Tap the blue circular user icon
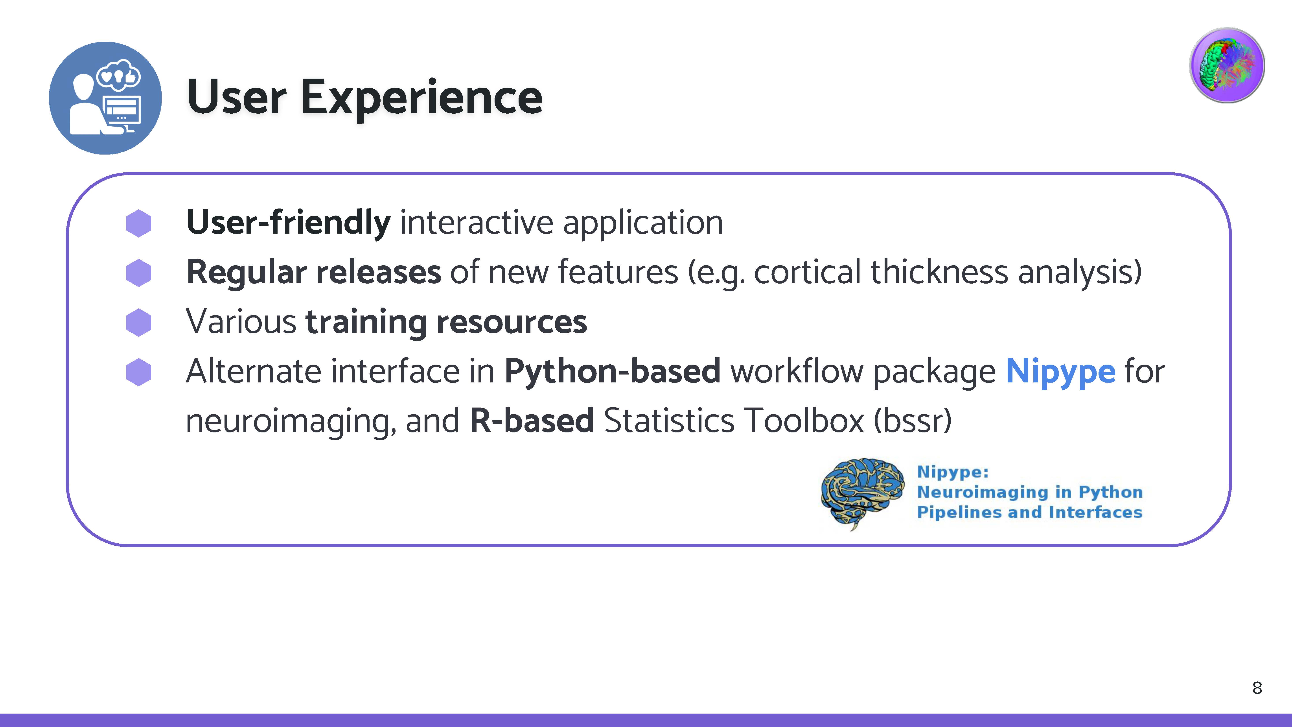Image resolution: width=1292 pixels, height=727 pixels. pyautogui.click(x=105, y=98)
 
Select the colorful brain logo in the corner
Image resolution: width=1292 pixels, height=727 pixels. pyautogui.click(x=1227, y=65)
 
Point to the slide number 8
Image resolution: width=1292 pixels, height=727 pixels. pyautogui.click(x=1257, y=688)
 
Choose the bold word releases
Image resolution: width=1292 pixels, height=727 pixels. pyautogui.click(x=379, y=272)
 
